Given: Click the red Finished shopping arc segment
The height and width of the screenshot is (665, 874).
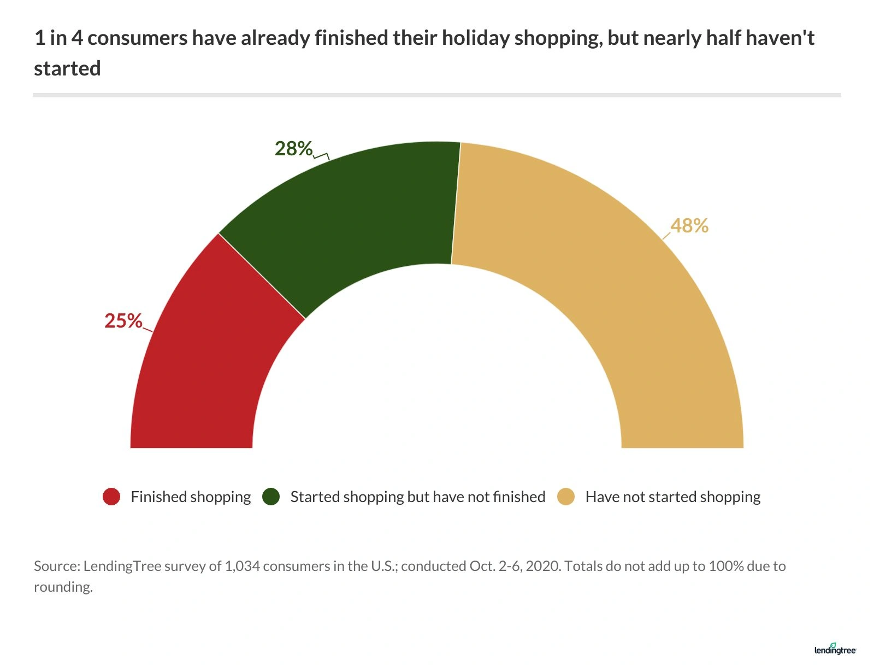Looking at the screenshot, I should (202, 372).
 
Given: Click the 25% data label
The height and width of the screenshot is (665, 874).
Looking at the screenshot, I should (123, 321).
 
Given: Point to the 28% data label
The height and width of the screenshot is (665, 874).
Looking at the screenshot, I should (293, 149).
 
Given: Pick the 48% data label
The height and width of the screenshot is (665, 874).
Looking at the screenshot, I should (689, 226).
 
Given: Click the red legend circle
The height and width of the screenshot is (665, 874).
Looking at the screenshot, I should (111, 497).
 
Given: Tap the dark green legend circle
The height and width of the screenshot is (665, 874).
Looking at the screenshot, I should (271, 497).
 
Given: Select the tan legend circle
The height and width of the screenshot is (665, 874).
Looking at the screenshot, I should (566, 497).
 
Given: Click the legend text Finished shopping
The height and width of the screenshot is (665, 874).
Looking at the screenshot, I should (191, 497).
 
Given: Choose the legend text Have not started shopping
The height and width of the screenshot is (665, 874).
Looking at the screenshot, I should (673, 497).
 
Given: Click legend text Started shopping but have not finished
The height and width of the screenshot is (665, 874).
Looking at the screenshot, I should (418, 497).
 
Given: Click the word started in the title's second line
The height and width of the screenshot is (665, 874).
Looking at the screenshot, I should (67, 69).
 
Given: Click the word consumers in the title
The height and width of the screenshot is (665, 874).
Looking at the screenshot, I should (137, 38).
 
